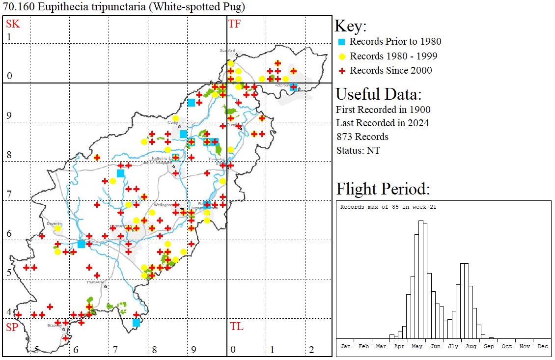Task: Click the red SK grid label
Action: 12,24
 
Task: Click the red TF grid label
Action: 234,24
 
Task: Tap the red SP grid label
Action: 12,327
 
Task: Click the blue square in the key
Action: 342,42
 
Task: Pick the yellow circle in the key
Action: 342,56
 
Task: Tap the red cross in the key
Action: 342,71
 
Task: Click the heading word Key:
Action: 351,27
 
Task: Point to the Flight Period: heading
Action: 383,189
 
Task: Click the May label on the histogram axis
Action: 417,346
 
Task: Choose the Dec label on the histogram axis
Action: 542,346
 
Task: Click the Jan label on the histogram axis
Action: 345,346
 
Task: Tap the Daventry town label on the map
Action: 54,223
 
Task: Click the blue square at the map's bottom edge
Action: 136,323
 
